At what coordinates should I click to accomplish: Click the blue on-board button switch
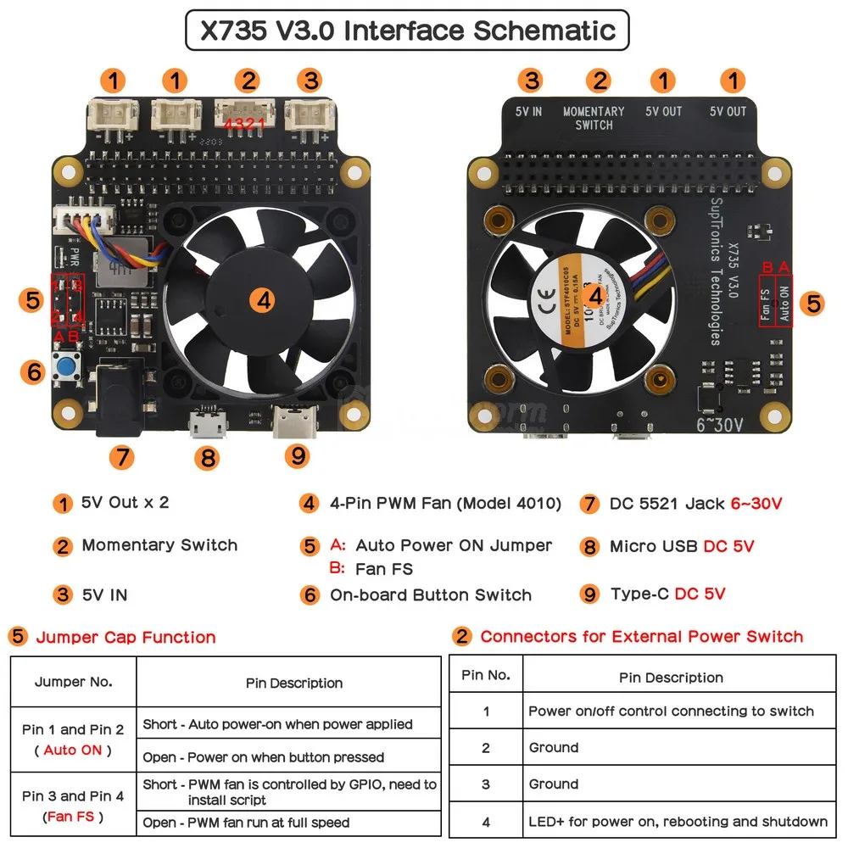pos(65,368)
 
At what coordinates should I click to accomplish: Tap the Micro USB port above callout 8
pos(206,421)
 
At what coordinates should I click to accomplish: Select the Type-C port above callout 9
pos(292,420)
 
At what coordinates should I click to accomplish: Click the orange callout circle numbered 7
pos(121,457)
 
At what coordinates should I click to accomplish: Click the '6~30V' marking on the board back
pos(719,424)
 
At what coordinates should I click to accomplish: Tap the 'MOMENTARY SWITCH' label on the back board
pos(594,118)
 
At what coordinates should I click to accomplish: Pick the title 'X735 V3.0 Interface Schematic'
pos(407,31)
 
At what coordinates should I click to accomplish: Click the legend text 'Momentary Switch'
pos(159,545)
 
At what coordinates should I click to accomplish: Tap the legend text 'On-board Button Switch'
pos(431,595)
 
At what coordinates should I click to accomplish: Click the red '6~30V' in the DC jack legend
pos(756,504)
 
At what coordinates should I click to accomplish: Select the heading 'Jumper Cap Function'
pos(126,637)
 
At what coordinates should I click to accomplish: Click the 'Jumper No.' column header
pos(73,682)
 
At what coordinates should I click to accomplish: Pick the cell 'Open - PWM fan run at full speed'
pos(246,822)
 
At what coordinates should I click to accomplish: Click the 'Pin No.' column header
pos(486,676)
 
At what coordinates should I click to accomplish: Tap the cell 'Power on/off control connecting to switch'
pos(671,711)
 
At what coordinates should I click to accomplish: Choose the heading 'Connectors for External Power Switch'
pos(641,636)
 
